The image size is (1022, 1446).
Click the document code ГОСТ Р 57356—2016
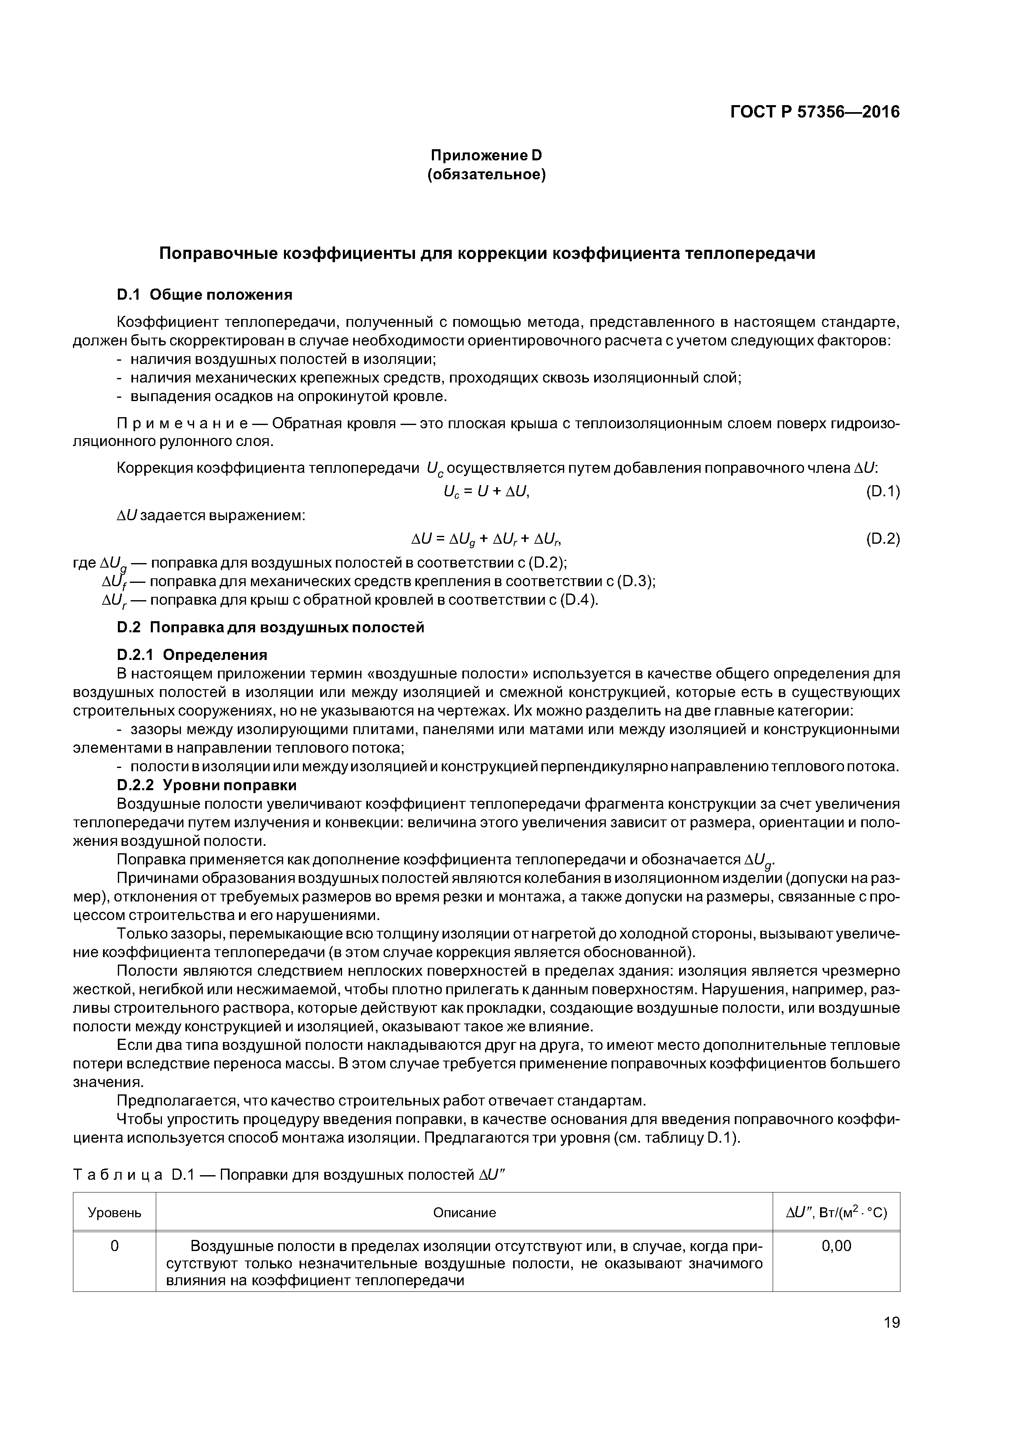pos(814,112)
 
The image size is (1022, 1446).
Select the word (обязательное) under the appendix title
pos(486,174)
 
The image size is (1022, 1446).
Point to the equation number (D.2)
pos(882,539)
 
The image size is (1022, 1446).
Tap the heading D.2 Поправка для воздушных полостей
pos(271,628)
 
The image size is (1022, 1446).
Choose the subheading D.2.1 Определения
pos(192,655)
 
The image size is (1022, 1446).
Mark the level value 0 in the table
pos(114,1246)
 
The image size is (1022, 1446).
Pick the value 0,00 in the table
pos(836,1246)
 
